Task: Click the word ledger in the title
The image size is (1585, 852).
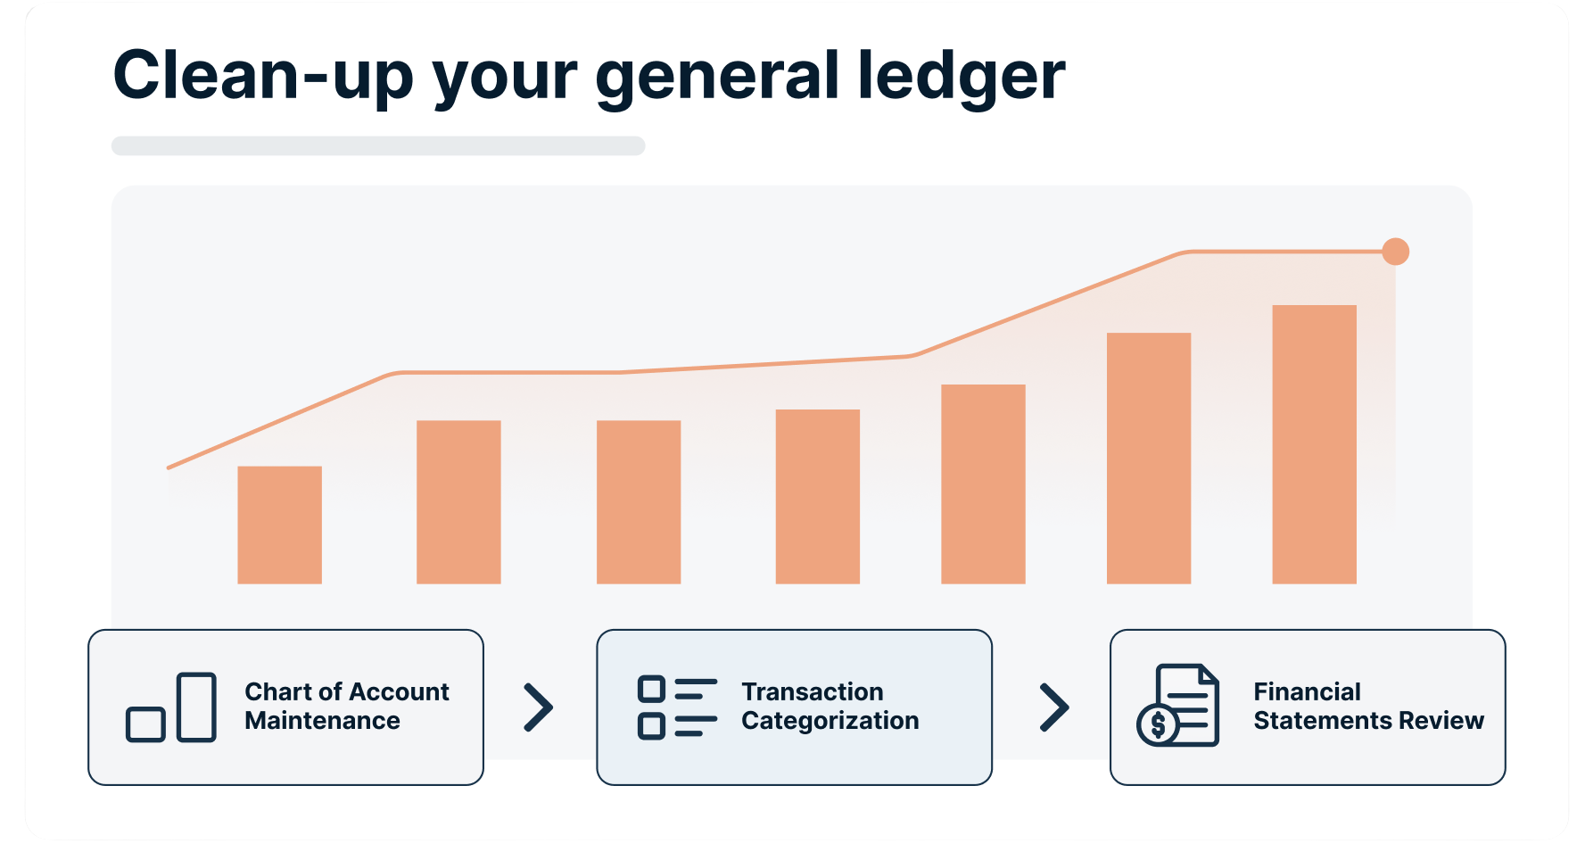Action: pos(961,77)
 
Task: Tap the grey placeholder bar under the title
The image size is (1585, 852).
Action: pos(378,145)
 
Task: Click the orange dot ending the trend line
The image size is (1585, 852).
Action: pos(1395,252)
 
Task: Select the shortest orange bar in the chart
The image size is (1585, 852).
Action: pos(279,525)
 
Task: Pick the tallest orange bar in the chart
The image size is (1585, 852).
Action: pos(1314,444)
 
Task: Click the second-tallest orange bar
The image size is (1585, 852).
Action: pos(1149,459)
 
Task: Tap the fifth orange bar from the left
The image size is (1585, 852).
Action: pos(983,484)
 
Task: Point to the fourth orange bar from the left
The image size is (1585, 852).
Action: pos(818,497)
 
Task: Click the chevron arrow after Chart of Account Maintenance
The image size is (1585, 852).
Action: pos(539,707)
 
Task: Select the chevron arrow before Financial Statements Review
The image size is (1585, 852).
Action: pos(1054,707)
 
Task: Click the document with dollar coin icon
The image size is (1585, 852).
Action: pos(1178,706)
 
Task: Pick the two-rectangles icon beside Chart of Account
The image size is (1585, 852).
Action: pos(171,707)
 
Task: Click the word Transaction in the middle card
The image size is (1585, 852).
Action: pos(813,691)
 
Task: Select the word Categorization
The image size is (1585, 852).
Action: pos(830,721)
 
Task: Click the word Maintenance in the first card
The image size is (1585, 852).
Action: pos(323,721)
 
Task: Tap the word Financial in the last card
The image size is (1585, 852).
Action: pos(1308,691)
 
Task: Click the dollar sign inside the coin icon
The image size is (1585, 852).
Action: pos(1159,725)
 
